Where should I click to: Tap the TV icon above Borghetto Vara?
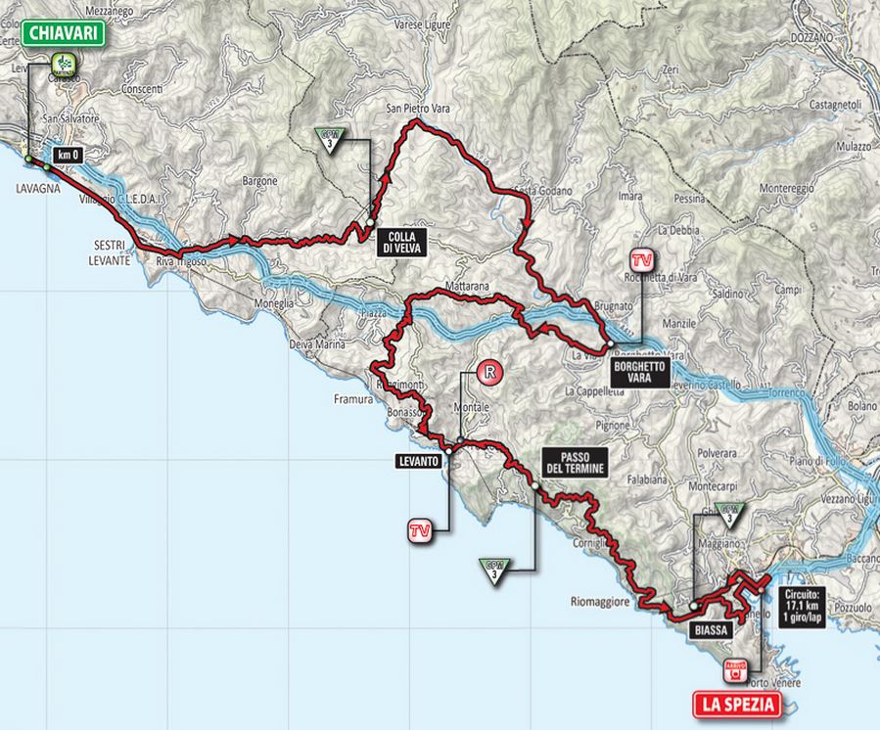(x=641, y=260)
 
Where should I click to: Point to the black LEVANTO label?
(x=418, y=459)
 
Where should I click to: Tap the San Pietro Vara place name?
(x=414, y=109)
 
